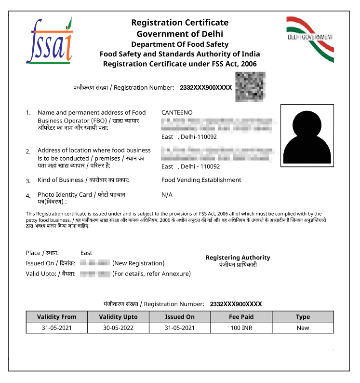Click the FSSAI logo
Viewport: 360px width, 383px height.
[x=49, y=41]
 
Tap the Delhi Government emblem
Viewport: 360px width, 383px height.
[x=310, y=39]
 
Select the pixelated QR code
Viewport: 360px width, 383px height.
[x=250, y=87]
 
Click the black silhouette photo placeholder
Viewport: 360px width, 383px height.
[x=307, y=136]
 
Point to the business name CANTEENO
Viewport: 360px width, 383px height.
[x=177, y=112]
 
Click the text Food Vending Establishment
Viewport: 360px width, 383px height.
[x=201, y=180]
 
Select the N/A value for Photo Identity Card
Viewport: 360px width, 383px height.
[x=167, y=194]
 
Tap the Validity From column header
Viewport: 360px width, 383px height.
[x=57, y=317]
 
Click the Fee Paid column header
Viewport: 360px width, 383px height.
[x=241, y=317]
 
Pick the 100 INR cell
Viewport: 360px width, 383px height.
[x=241, y=328]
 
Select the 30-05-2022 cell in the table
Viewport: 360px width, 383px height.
[x=118, y=328]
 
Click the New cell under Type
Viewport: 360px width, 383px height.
[x=303, y=328]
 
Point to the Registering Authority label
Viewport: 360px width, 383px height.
[x=238, y=258]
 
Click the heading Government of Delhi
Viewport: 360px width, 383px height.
[x=180, y=34]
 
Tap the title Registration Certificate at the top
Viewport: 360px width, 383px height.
[x=180, y=23]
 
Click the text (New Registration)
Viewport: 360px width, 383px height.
[x=138, y=263]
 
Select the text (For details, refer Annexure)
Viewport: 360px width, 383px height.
[x=151, y=274]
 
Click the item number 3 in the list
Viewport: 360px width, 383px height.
[x=28, y=181]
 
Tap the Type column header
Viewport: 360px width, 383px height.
[x=303, y=317]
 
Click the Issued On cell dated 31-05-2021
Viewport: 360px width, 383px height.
[x=180, y=328]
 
